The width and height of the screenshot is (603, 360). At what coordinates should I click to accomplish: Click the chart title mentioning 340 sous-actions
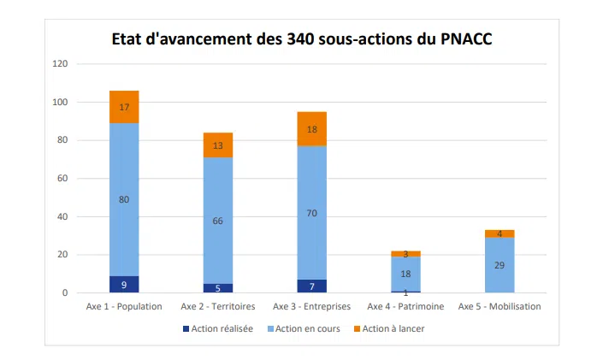(x=302, y=39)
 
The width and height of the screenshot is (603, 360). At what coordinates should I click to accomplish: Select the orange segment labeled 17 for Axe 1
(x=124, y=107)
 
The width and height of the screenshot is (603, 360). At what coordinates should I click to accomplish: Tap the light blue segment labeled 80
(x=124, y=199)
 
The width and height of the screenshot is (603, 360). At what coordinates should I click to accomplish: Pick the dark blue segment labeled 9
(x=124, y=284)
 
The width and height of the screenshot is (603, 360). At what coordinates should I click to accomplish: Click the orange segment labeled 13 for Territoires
(x=217, y=145)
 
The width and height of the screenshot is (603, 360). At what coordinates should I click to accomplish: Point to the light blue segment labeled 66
(x=217, y=221)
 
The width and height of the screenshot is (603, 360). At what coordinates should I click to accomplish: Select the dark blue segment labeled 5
(x=217, y=288)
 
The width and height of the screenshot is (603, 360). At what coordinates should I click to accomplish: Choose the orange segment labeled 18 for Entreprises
(x=311, y=129)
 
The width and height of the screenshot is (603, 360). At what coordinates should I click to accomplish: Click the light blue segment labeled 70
(x=311, y=213)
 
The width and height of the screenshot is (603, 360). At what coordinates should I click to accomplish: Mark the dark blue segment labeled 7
(x=311, y=286)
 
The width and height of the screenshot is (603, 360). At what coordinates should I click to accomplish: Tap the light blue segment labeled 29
(x=500, y=265)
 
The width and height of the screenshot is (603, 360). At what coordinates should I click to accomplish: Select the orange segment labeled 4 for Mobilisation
(x=500, y=233)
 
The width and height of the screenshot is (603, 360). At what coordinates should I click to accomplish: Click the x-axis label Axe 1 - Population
(x=124, y=306)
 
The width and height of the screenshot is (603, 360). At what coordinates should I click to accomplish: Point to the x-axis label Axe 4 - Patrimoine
(x=405, y=306)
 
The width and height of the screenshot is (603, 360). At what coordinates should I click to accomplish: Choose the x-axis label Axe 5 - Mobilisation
(x=500, y=306)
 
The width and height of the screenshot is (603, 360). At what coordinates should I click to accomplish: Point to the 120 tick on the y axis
(x=60, y=64)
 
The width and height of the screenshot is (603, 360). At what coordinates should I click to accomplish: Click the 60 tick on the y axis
(x=62, y=179)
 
